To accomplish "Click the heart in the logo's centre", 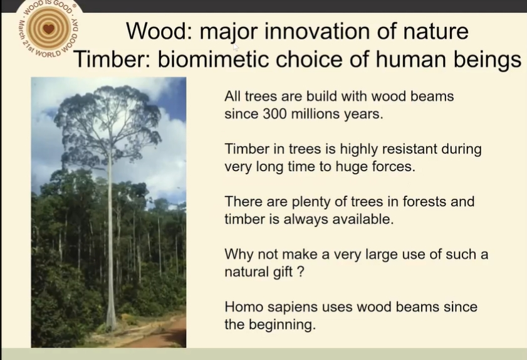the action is pos(49,29).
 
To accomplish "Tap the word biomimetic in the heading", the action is pos(213,59).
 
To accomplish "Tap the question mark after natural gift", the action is pos(301,272).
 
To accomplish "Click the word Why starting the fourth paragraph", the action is pos(239,255).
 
